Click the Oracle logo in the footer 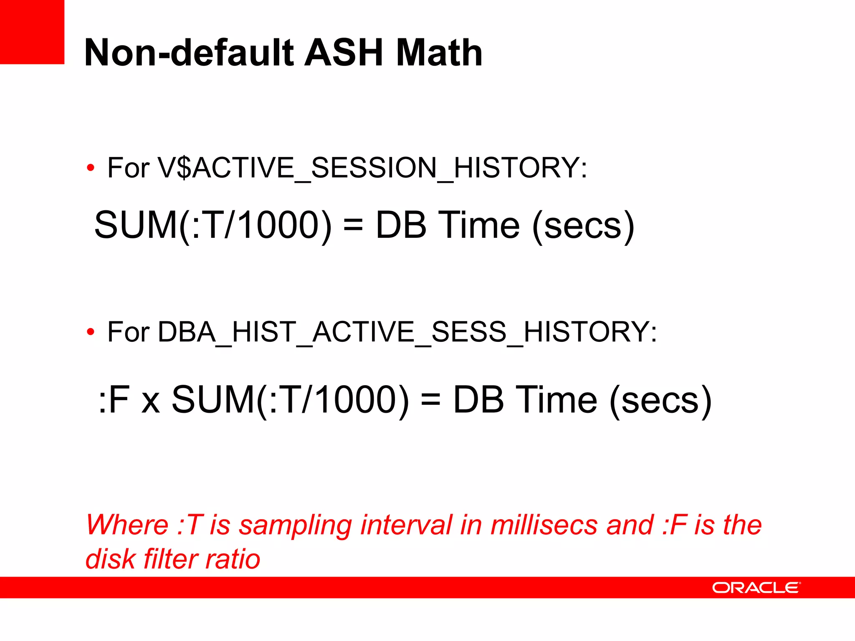756,588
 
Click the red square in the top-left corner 32,32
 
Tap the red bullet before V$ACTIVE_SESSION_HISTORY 90,168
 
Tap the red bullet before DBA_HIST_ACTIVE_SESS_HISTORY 90,333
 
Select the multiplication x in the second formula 151,402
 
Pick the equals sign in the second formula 430,400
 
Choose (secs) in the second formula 660,400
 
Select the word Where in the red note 127,525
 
